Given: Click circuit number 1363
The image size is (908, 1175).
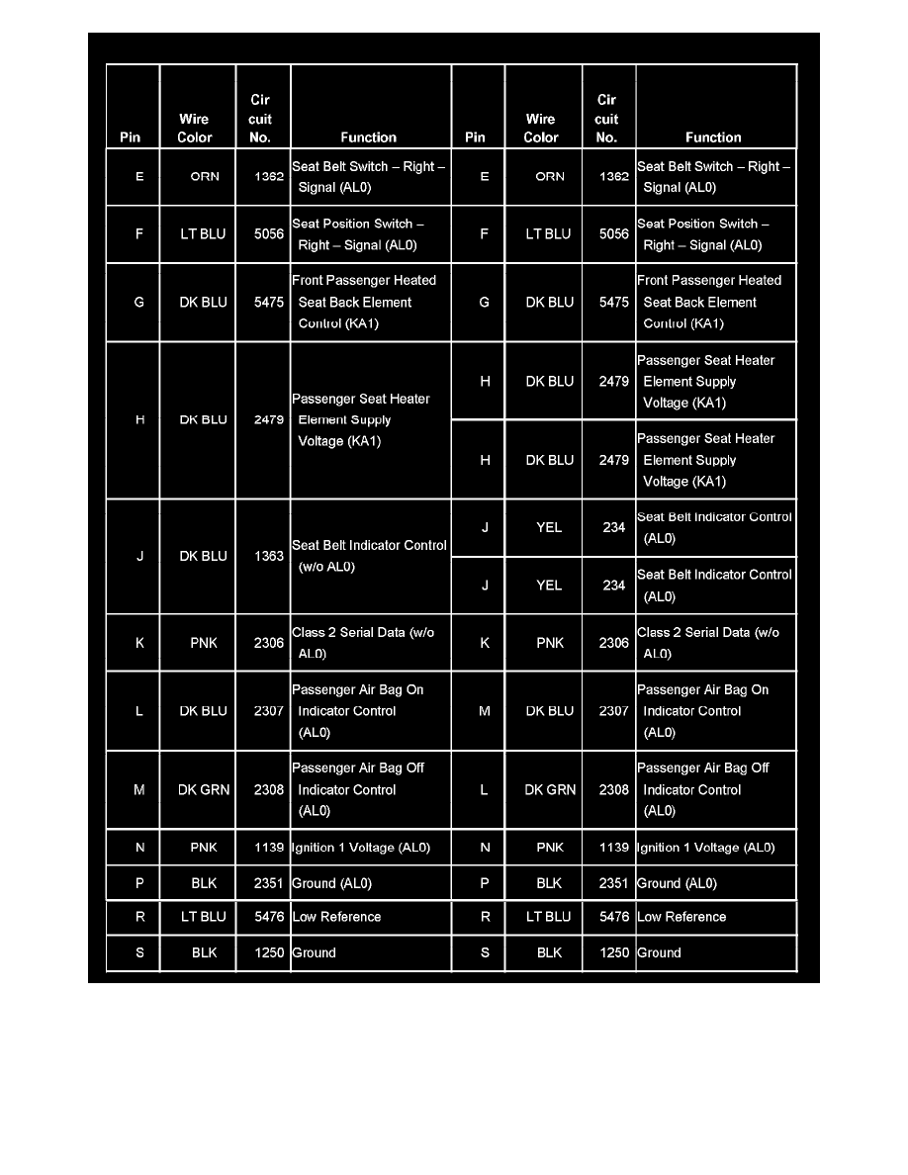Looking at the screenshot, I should [268, 556].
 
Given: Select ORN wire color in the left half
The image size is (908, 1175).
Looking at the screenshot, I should [204, 176].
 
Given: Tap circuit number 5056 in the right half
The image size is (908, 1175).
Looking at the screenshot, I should [613, 234].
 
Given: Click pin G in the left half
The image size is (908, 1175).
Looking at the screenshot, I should [138, 302].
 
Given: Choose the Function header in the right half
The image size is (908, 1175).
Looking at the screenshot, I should [713, 137].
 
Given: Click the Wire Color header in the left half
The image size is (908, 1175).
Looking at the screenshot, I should [195, 129].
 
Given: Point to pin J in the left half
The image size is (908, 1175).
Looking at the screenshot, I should [139, 556].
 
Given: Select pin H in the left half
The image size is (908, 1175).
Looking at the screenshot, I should [139, 419].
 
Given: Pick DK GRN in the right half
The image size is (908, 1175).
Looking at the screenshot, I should [549, 789].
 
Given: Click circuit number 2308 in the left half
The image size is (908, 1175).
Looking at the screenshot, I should [268, 789].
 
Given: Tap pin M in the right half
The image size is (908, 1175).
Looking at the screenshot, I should [484, 711].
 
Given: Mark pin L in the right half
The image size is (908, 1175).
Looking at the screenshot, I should [484, 789].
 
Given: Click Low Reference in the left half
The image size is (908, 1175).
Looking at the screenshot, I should [336, 917].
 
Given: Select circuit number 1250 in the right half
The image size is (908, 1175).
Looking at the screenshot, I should [613, 952].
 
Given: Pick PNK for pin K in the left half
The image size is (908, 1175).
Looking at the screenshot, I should [203, 643].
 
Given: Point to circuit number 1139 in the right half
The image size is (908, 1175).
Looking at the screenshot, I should [613, 848].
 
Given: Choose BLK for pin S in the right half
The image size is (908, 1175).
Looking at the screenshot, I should [549, 952].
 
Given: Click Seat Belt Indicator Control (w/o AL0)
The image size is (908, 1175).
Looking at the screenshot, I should [369, 556].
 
